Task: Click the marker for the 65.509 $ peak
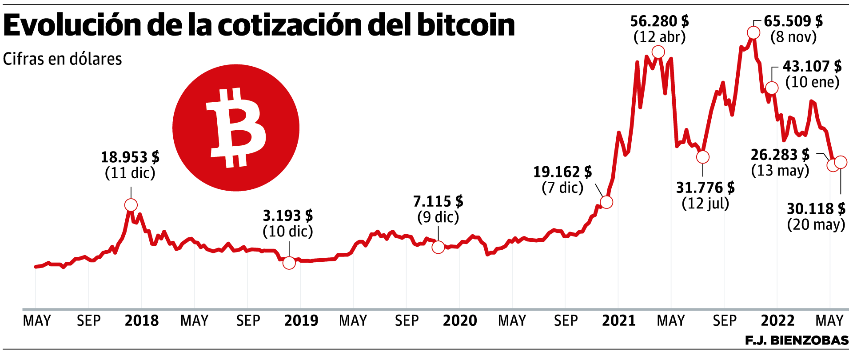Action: click(753, 32)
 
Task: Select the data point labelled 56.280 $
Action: click(658, 52)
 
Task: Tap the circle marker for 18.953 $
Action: click(131, 205)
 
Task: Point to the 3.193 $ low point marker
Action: click(289, 263)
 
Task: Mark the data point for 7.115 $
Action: click(438, 247)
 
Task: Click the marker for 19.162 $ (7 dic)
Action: click(606, 202)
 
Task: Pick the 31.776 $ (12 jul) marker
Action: click(703, 157)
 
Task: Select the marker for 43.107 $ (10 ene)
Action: click(772, 88)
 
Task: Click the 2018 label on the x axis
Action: click(142, 320)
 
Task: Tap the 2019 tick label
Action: click(301, 320)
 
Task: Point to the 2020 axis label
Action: click(460, 320)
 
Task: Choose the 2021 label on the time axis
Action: click(619, 320)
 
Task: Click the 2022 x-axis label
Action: click(777, 320)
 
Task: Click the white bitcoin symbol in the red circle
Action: click(236, 128)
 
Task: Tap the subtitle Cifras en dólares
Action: click(62, 59)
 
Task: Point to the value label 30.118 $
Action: click(816, 208)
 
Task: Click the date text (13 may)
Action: click(780, 170)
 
